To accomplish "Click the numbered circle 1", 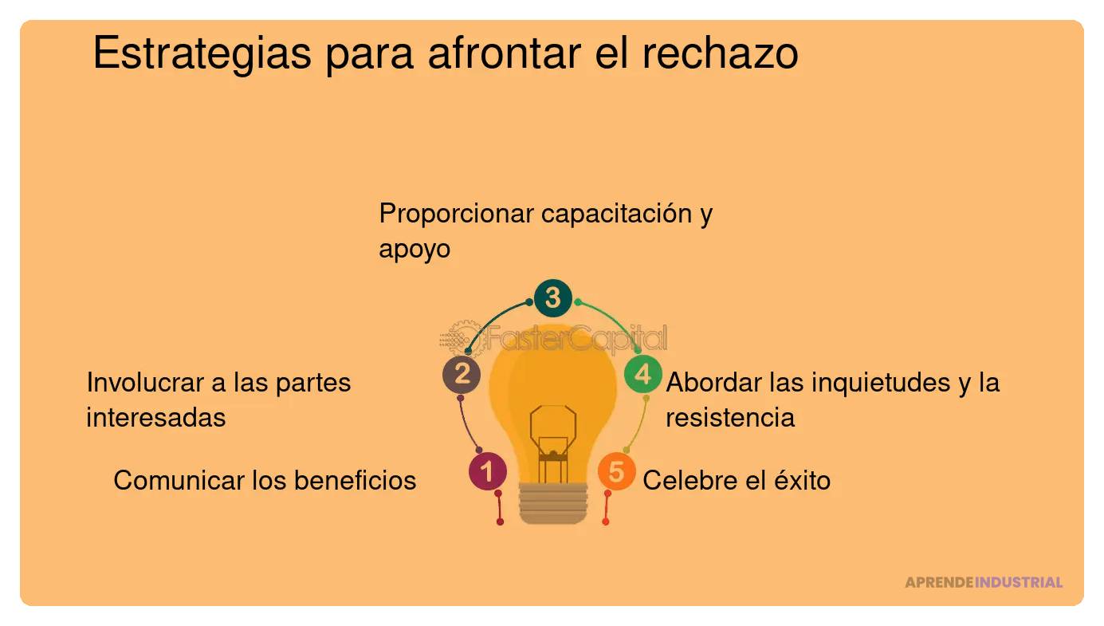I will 488,471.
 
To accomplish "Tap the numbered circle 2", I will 462,374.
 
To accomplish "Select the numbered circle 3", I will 553,298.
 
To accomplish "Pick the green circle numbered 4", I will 642,374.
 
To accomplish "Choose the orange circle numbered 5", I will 616,471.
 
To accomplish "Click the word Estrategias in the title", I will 202,54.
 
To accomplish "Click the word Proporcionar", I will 457,214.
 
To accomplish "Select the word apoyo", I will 414,250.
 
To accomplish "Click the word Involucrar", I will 144,382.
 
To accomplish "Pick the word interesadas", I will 155,417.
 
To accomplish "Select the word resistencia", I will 730,417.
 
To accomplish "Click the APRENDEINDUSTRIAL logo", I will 984,582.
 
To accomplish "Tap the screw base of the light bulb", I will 553,502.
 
